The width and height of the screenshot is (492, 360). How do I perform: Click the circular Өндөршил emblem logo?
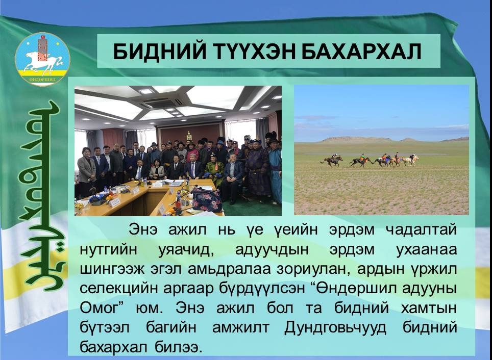point(42,59)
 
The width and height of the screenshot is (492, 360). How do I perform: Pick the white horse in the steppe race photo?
point(410,160)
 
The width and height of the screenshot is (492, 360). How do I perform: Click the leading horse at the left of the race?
point(332,161)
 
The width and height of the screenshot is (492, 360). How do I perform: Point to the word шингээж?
point(112,269)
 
